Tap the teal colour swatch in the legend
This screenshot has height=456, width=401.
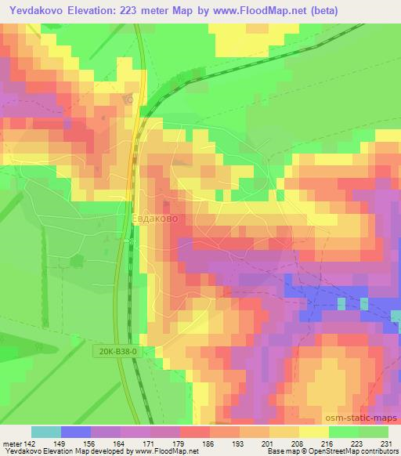tap(46, 431)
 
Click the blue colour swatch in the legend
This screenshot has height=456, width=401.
tap(76, 431)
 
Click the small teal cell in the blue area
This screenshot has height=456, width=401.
tap(341, 303)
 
